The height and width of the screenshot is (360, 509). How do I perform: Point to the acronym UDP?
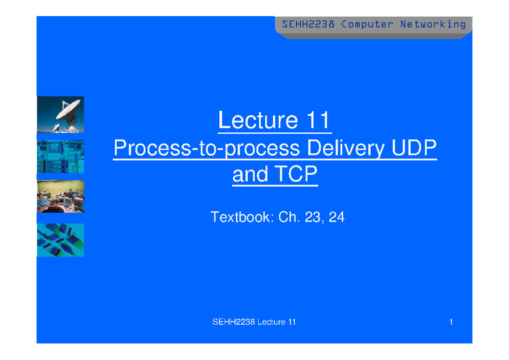coord(414,147)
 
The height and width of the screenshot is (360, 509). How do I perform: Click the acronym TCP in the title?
coord(296,174)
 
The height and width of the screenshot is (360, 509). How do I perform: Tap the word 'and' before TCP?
coord(250,174)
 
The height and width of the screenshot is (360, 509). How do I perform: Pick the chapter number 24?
coord(336,217)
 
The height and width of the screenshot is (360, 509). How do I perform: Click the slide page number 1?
coord(451,322)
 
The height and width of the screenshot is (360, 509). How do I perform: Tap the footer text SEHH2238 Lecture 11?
coord(254,322)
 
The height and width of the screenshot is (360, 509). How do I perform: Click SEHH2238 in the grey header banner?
coord(308,24)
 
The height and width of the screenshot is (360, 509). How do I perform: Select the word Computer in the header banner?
coord(367,25)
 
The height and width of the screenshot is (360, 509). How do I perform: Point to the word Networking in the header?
coord(433,25)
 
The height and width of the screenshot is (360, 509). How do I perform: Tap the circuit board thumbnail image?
coord(60,157)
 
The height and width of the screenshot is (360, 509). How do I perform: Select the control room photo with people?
coord(60,197)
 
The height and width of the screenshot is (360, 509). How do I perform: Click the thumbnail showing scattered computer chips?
coord(60,240)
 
